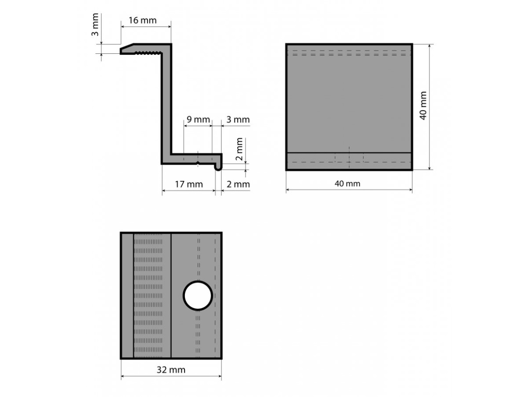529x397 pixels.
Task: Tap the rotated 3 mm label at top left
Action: tap(94, 30)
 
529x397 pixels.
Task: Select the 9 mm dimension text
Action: tap(198, 119)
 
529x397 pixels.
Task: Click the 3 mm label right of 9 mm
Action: tap(238, 119)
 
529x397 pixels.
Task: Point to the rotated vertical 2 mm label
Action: tap(239, 150)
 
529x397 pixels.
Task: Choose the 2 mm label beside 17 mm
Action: tap(238, 184)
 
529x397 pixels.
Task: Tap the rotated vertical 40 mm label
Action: tap(423, 105)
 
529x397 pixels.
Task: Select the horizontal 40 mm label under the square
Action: tap(348, 184)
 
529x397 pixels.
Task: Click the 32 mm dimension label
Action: tap(171, 370)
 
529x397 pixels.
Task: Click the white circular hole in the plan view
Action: tap(198, 296)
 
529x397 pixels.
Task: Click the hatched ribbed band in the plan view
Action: tap(148, 296)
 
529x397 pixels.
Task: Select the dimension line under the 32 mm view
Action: tap(171, 377)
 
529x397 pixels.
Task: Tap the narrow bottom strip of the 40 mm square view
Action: tap(349, 161)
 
